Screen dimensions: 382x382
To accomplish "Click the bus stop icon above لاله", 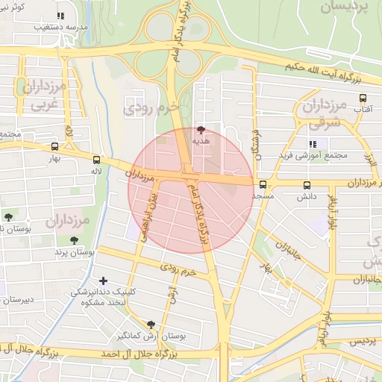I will pyautogui.click(x=96, y=160).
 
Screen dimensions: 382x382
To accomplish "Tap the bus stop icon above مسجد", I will pyautogui.click(x=263, y=185).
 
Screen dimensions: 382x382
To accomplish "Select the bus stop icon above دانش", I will pyautogui.click(x=307, y=185).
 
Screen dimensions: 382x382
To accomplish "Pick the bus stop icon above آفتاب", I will pyautogui.click(x=363, y=98).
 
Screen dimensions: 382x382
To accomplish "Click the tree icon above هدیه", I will pyautogui.click(x=200, y=129).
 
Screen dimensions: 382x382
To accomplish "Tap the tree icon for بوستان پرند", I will pyautogui.click(x=73, y=240).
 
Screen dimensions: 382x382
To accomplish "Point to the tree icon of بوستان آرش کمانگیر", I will pyautogui.click(x=151, y=325).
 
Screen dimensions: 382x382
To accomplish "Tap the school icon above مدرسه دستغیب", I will pyautogui.click(x=60, y=15).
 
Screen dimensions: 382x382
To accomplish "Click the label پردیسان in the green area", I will pyautogui.click(x=346, y=8).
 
